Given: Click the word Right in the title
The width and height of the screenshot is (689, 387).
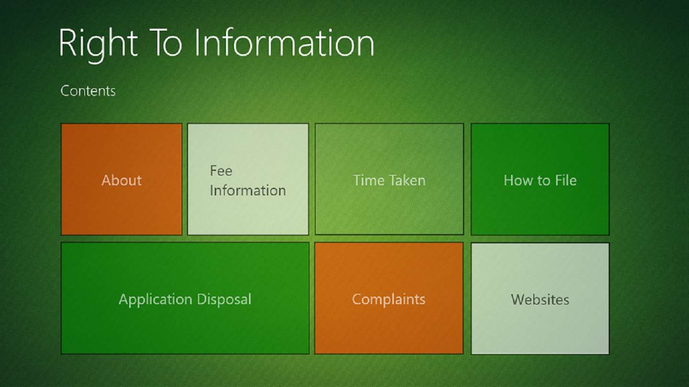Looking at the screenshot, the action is click(98, 44).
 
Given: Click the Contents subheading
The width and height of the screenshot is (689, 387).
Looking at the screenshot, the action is click(88, 91).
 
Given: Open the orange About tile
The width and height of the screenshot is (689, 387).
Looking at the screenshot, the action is click(122, 179).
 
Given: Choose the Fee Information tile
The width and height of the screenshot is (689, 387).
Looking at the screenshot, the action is click(248, 179).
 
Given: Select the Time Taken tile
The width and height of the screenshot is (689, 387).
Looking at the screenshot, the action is click(389, 179).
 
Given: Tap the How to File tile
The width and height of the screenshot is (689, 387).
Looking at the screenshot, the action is click(540, 179).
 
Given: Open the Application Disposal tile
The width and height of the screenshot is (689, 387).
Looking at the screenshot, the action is click(185, 298).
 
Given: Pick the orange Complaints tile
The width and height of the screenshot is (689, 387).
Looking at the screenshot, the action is click(389, 298).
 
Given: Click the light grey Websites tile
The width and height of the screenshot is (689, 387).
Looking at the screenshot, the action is click(540, 299).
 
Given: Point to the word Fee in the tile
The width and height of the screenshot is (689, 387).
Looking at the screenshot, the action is click(221, 171).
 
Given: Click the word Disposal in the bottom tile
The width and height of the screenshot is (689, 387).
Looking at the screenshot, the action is click(224, 300).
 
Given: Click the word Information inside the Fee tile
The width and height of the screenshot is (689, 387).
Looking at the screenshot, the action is click(248, 191).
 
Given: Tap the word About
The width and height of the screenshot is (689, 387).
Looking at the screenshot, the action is click(122, 180).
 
